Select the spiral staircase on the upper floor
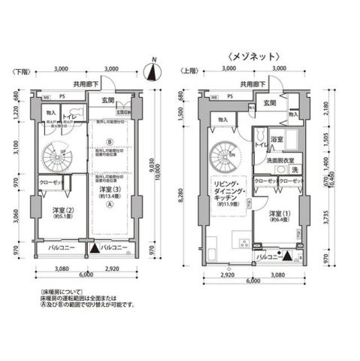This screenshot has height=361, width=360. (224, 156)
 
